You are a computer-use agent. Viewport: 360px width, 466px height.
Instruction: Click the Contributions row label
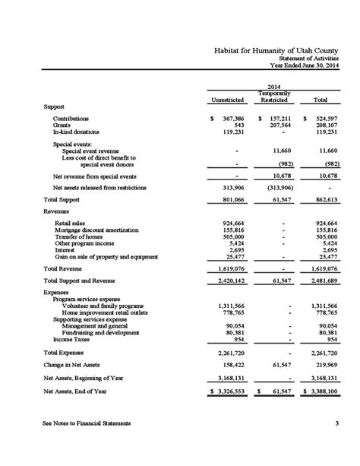click(71, 119)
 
